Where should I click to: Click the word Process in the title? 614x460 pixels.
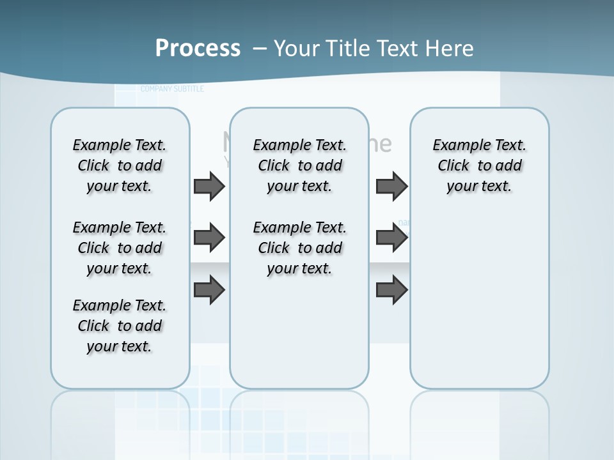coord(198,49)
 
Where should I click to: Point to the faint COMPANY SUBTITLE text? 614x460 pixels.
coord(172,89)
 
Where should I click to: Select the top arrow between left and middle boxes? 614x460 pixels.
coord(209,186)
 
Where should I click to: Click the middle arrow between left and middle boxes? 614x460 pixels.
coord(209,238)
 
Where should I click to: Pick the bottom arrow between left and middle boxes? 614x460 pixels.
coord(209,291)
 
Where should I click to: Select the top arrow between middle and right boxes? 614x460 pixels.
coord(391,186)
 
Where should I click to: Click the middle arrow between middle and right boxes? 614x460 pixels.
coord(391,238)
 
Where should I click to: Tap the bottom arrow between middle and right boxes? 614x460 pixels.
coord(391,291)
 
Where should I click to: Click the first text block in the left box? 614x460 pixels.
coord(120,165)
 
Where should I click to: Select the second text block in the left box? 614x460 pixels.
coord(120,248)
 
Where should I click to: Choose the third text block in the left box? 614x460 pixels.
coord(120,326)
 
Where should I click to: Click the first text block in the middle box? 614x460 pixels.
coord(300,165)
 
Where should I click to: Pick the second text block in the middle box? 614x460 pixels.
coord(300,248)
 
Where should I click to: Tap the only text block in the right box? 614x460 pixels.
coord(480,165)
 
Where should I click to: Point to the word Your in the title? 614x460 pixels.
coord(297,49)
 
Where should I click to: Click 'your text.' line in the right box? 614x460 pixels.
coord(480,186)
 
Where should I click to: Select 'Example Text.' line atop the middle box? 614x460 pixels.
coord(300,145)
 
